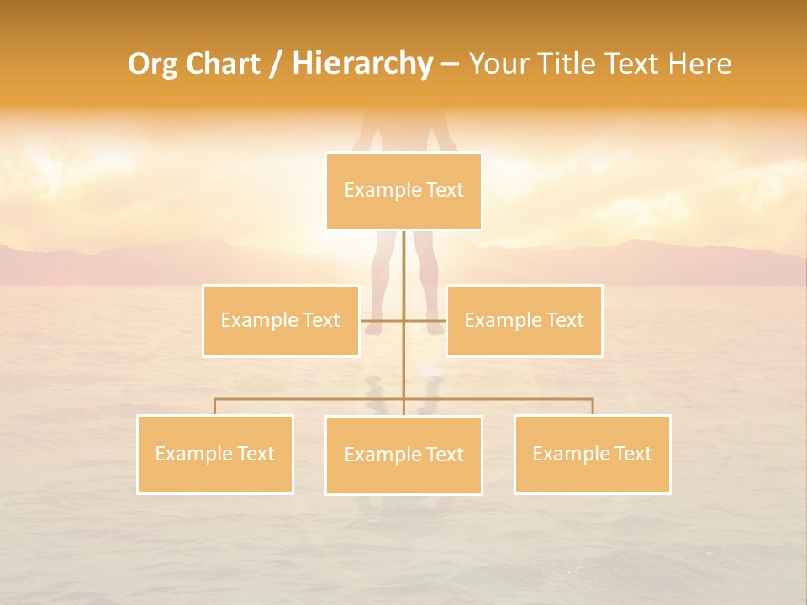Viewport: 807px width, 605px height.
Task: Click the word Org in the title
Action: [x=154, y=64]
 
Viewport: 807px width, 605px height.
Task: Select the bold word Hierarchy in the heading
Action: [x=361, y=64]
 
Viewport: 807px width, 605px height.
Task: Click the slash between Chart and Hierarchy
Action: [x=275, y=65]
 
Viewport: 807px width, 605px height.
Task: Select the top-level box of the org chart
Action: [x=403, y=191]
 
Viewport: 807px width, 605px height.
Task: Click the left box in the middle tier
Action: [x=281, y=320]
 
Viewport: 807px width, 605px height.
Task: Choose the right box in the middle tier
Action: [x=525, y=320]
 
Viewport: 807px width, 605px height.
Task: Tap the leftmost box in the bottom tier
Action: [x=215, y=454]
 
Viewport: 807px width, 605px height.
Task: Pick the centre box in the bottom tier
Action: [x=403, y=455]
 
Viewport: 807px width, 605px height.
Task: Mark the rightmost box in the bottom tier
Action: [x=592, y=454]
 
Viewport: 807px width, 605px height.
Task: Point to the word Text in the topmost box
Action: [x=446, y=190]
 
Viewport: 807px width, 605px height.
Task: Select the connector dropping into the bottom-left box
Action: [x=215, y=406]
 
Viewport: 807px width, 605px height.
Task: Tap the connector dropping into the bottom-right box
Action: [x=592, y=406]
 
